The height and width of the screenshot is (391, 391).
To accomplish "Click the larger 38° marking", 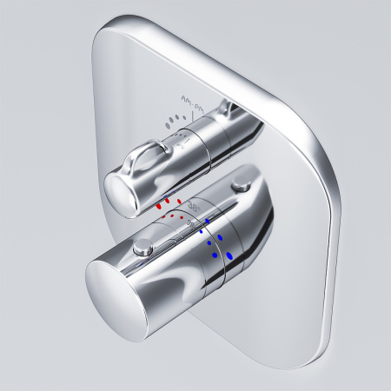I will tap(194, 205).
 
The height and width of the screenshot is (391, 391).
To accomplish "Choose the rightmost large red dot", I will tap(179, 202).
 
